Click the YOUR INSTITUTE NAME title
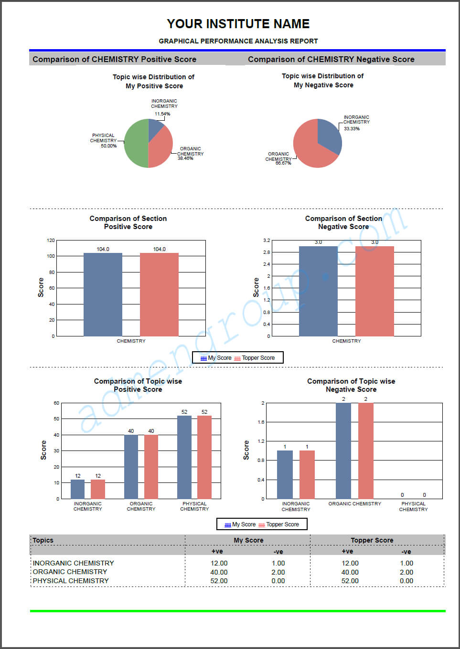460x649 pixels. click(x=238, y=24)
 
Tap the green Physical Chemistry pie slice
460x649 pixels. click(x=136, y=143)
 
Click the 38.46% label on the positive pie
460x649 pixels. click(x=185, y=158)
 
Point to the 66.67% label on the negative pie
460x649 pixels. click(x=283, y=163)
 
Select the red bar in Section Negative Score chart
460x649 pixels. click(x=374, y=291)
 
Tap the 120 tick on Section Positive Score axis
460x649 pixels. click(x=51, y=241)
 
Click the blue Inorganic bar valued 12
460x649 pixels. click(x=78, y=489)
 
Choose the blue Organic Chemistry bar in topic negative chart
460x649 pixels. click(x=343, y=451)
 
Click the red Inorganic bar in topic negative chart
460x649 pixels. click(x=307, y=475)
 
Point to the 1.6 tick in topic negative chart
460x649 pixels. click(x=261, y=422)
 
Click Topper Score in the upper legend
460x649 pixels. click(x=258, y=358)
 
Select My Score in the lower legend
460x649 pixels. click(x=244, y=524)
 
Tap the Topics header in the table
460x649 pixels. click(x=43, y=540)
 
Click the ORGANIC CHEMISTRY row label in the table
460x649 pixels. click(x=70, y=572)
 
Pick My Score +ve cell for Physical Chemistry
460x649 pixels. click(x=219, y=581)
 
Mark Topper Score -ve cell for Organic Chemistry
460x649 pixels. click(x=407, y=572)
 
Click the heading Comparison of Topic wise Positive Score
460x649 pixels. click(x=138, y=385)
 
